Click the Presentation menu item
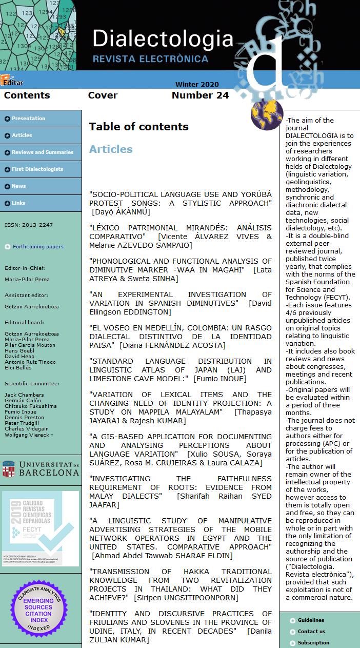pos(29,119)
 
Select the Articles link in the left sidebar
pos(22,135)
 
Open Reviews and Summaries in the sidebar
pos(43,152)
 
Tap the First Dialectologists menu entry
pos(37,169)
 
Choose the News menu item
pos(19,186)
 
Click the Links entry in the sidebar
pos(18,203)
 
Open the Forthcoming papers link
pos(38,247)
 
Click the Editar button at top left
pos(12,82)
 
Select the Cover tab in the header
pos(103,95)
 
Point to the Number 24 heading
pos(200,95)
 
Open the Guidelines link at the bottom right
pos(311,620)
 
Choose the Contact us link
pos(311,632)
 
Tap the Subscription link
pos(313,643)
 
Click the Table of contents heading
pos(138,127)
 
